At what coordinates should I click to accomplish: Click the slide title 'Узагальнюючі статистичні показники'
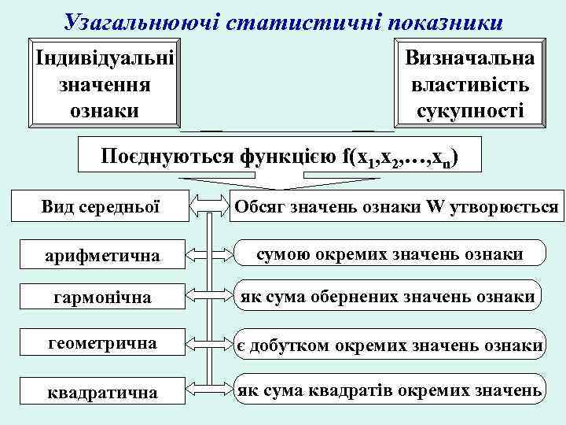(283, 20)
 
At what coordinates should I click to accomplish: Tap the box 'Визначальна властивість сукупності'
(469, 83)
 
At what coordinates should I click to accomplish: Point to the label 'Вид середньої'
(101, 207)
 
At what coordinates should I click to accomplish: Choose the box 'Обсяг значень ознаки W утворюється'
(395, 207)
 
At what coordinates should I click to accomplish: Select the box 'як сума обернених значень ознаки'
(388, 297)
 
